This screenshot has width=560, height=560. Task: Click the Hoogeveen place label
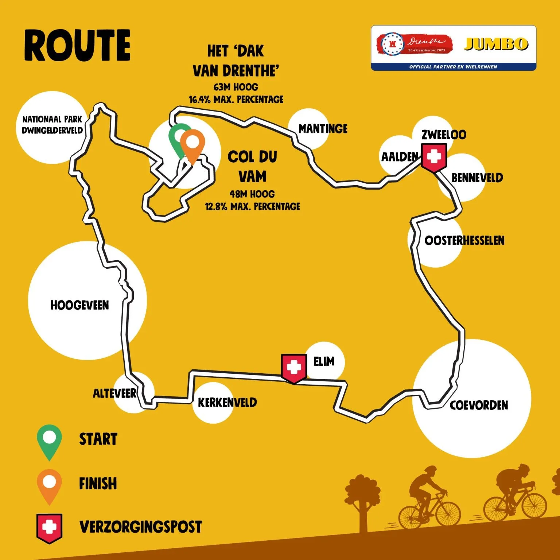click(x=79, y=305)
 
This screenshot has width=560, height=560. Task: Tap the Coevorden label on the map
click(x=478, y=405)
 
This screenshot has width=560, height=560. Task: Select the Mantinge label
click(x=323, y=129)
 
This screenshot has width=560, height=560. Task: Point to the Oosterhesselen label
click(x=464, y=241)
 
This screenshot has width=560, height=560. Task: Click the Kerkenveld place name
click(x=227, y=402)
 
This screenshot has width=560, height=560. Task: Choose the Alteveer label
click(x=114, y=393)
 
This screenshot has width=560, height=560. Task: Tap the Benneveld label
click(x=477, y=178)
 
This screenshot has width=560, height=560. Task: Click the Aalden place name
click(x=400, y=157)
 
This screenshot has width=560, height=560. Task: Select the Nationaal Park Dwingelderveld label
click(x=52, y=125)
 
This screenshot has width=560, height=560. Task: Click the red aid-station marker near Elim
click(x=293, y=368)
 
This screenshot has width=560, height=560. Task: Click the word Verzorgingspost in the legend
click(x=140, y=527)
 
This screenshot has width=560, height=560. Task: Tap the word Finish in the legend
click(x=98, y=483)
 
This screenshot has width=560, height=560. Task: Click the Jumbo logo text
click(x=496, y=44)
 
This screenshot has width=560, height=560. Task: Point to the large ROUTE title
click(x=77, y=46)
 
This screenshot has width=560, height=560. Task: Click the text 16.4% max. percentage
click(x=236, y=100)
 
